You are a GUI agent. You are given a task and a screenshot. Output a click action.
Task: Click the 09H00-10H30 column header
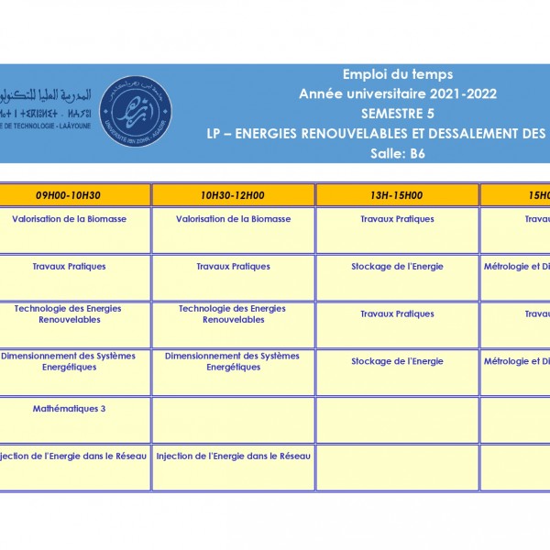69,195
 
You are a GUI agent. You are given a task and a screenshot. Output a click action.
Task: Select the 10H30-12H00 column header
233,195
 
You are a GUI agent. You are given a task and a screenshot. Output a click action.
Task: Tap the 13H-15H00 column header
397,195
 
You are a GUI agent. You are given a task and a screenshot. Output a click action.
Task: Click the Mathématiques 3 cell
69,409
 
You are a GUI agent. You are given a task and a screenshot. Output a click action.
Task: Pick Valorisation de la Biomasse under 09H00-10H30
69,219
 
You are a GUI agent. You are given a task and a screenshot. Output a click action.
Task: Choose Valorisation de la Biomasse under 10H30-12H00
233,219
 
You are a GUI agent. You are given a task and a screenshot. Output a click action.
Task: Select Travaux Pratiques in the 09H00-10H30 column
69,267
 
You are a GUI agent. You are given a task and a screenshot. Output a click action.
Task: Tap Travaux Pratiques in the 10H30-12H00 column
233,267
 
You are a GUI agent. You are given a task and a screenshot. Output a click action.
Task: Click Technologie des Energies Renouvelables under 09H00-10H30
69,314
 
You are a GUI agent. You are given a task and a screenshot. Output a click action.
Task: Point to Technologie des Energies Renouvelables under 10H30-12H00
233,314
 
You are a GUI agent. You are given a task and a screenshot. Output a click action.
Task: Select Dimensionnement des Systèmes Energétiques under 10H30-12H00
233,361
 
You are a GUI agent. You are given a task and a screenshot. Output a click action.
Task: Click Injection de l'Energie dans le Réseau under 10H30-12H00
233,456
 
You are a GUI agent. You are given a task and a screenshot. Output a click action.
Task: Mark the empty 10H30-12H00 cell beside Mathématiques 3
233,420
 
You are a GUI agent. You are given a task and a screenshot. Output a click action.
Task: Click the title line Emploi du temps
398,75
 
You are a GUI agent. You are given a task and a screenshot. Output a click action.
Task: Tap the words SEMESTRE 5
398,114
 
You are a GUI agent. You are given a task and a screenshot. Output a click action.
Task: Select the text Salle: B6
398,153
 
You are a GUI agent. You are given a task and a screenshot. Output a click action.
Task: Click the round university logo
135,111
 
